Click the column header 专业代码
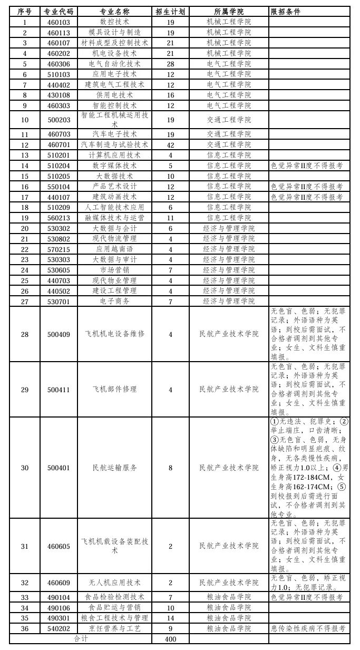click(59, 12)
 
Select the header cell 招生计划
click(170, 12)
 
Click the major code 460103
click(59, 22)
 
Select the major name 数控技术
click(114, 22)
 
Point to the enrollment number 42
click(170, 144)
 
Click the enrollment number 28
click(170, 64)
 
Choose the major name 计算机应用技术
click(114, 155)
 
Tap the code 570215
click(59, 249)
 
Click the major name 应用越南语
click(114, 249)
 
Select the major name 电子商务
click(114, 301)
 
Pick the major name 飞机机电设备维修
click(114, 334)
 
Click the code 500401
click(59, 468)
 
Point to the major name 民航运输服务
click(114, 468)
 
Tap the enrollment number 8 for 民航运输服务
click(170, 468)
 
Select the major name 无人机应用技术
click(114, 583)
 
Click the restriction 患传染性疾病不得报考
click(308, 628)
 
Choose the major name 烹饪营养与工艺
click(114, 628)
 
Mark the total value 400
click(170, 639)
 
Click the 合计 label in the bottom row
click(81, 639)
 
